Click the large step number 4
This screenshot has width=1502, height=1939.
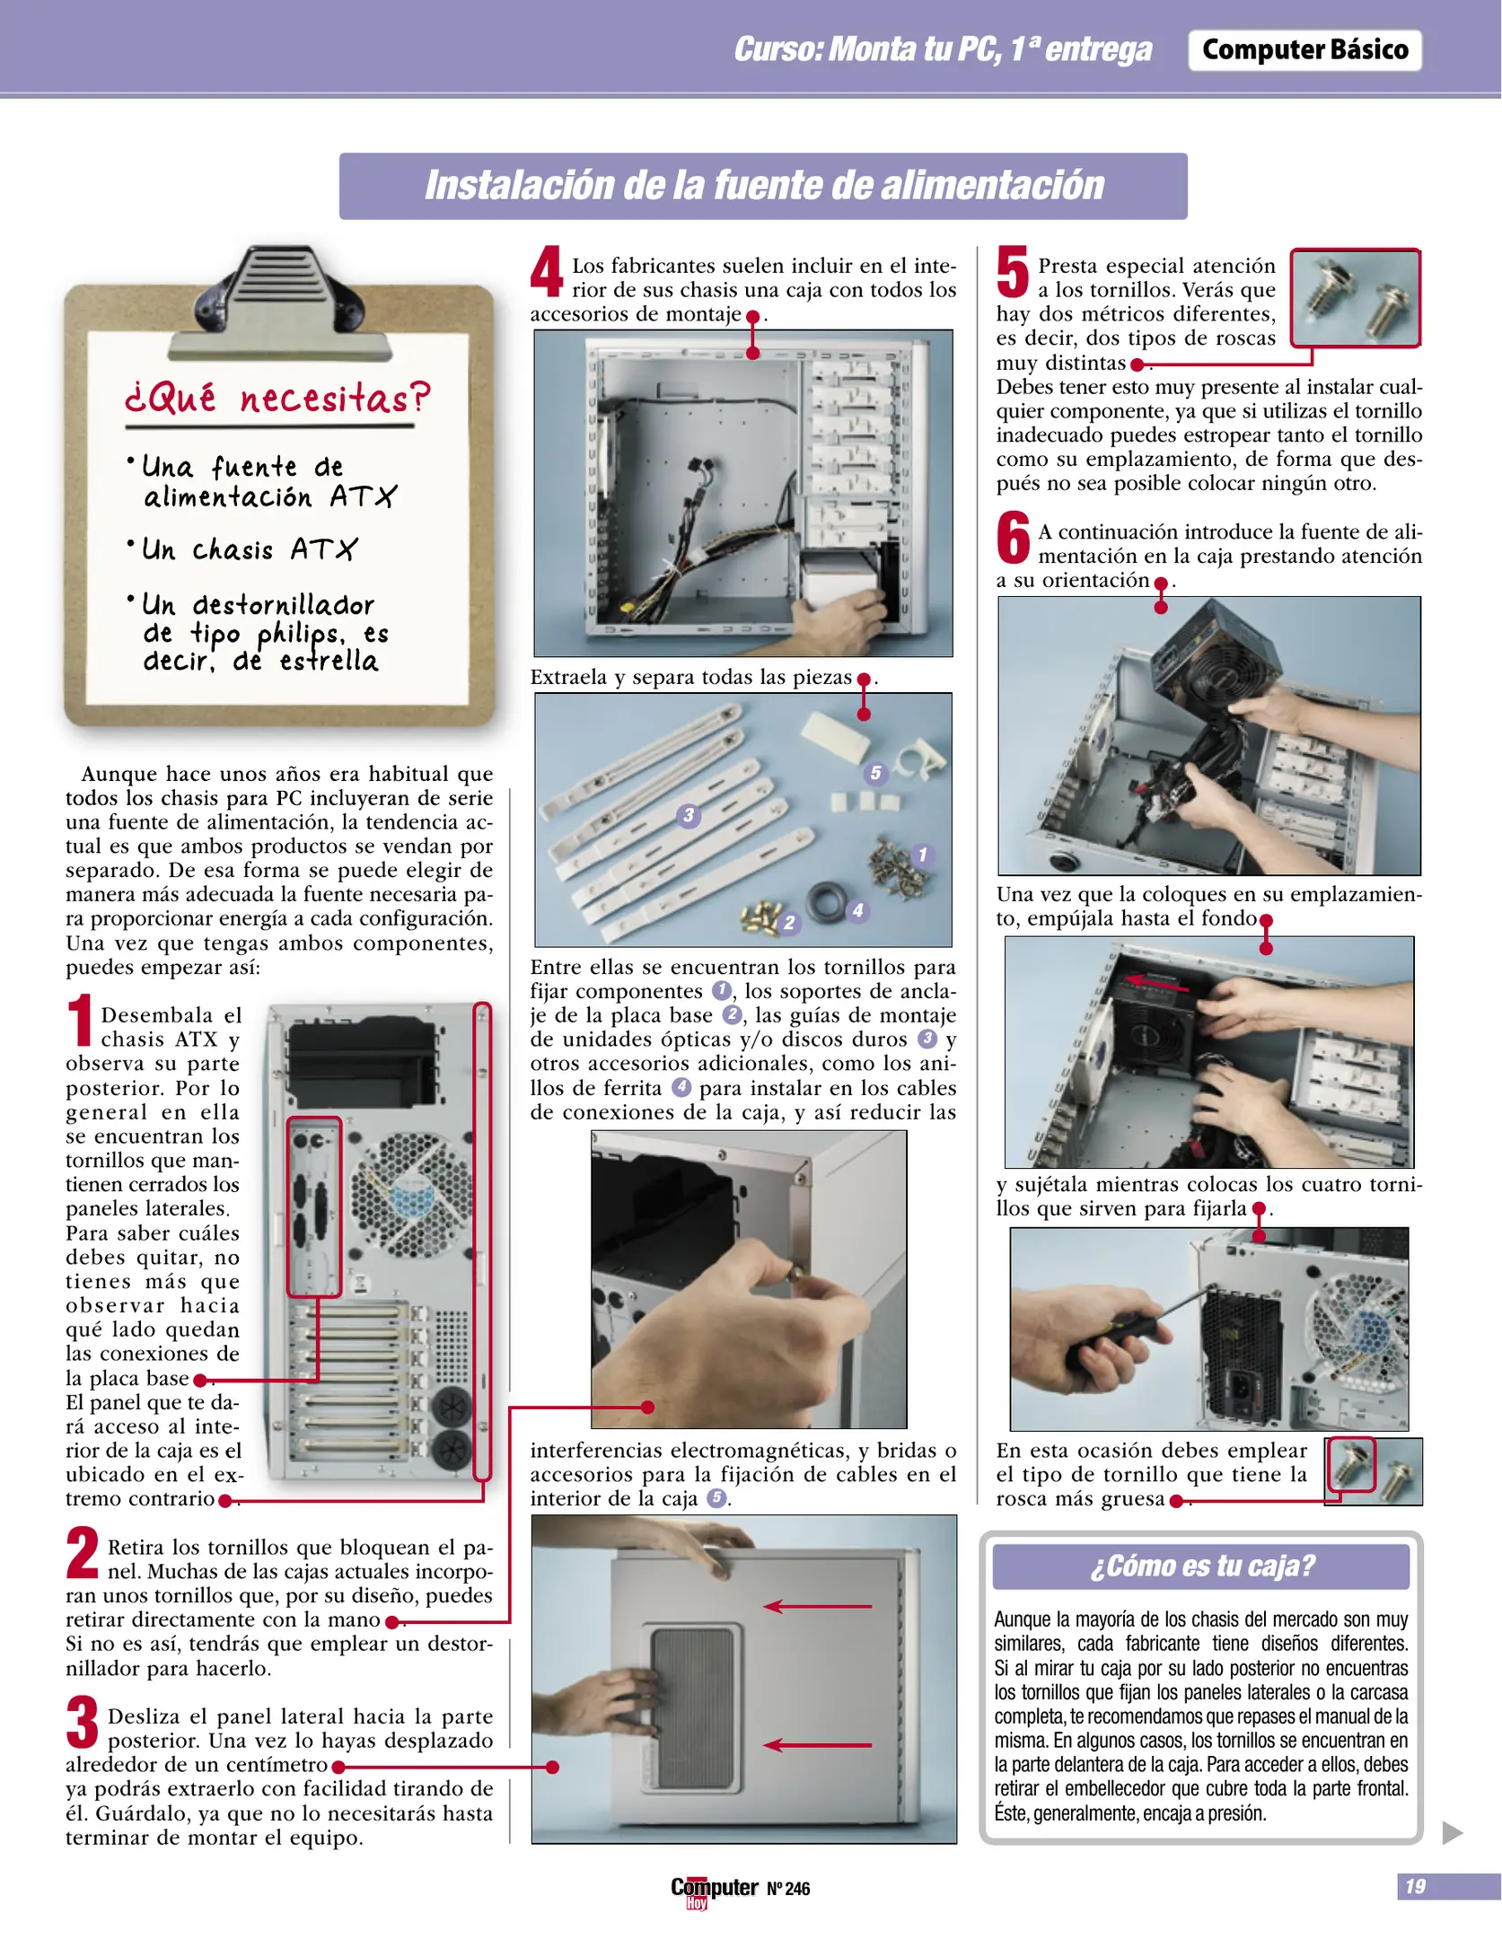coord(545,272)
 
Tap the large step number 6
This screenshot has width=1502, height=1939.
coord(1013,538)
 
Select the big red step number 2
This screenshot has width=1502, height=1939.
coord(83,1552)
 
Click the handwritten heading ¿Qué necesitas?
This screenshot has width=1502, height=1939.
coord(277,398)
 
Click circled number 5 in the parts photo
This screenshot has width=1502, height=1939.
coord(875,773)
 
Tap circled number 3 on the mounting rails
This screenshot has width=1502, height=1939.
coord(688,815)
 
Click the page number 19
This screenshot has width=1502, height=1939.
coord(1415,1886)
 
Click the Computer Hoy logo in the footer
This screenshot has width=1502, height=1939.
coord(714,1890)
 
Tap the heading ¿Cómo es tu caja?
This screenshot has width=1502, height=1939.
coord(1200,1566)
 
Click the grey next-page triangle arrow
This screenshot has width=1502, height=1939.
coord(1452,1832)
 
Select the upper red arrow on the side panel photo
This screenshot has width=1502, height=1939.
coord(817,1606)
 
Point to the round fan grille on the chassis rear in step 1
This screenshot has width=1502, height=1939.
coord(409,1194)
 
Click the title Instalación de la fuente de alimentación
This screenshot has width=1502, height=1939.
coord(763,186)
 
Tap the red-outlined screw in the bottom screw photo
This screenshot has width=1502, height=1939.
coord(1350,1465)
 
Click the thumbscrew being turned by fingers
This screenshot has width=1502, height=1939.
coord(795,1272)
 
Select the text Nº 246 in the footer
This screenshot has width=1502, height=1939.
coord(788,1889)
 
